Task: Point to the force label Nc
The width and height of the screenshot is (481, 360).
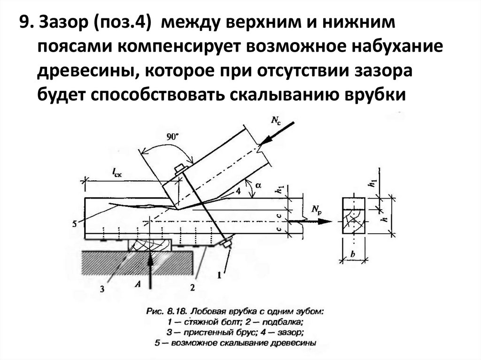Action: point(277,120)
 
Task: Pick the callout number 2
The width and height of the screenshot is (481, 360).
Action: point(192,287)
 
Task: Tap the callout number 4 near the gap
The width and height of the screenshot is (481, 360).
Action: point(239,191)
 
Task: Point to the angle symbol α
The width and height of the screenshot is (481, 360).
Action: point(258,185)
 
